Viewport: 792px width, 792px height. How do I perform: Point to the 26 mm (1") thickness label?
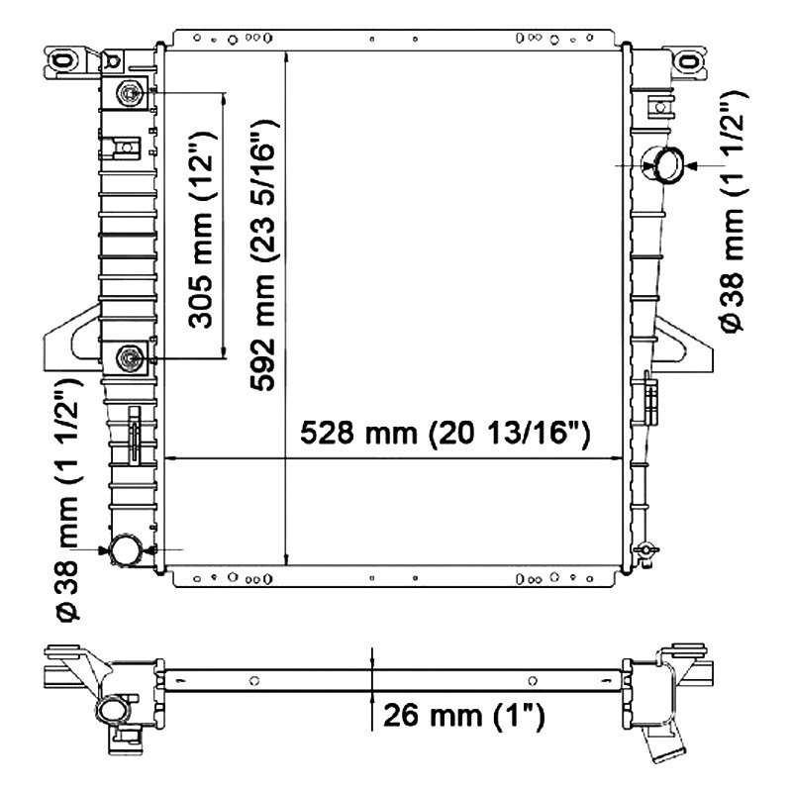coord(460,714)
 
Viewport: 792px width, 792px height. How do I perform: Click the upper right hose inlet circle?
coord(664,163)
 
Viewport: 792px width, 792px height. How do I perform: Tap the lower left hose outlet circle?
coord(126,549)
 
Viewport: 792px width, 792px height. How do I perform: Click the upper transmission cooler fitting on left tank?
coord(131,94)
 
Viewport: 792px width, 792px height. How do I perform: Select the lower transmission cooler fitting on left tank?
coord(131,357)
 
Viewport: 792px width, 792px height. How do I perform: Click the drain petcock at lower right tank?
coord(645,550)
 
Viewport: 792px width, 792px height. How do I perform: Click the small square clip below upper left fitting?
coord(124,148)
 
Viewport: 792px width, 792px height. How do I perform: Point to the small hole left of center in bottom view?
coord(254,679)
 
